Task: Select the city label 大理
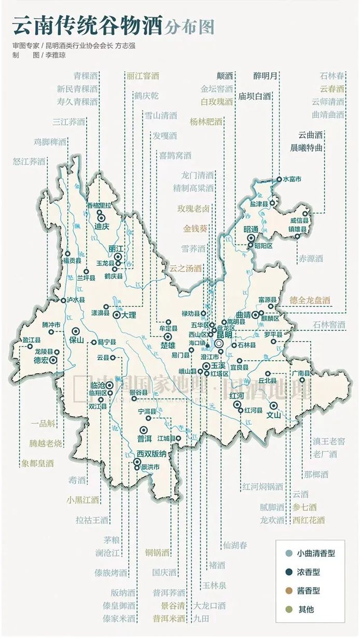128,315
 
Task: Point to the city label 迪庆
101,227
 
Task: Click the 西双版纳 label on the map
151,454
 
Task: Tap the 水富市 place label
292,179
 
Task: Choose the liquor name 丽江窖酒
143,76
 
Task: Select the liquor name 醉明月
266,76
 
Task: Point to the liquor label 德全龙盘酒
310,300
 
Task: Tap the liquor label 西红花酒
309,520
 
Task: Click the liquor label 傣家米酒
119,619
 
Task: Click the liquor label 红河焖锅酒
262,487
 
